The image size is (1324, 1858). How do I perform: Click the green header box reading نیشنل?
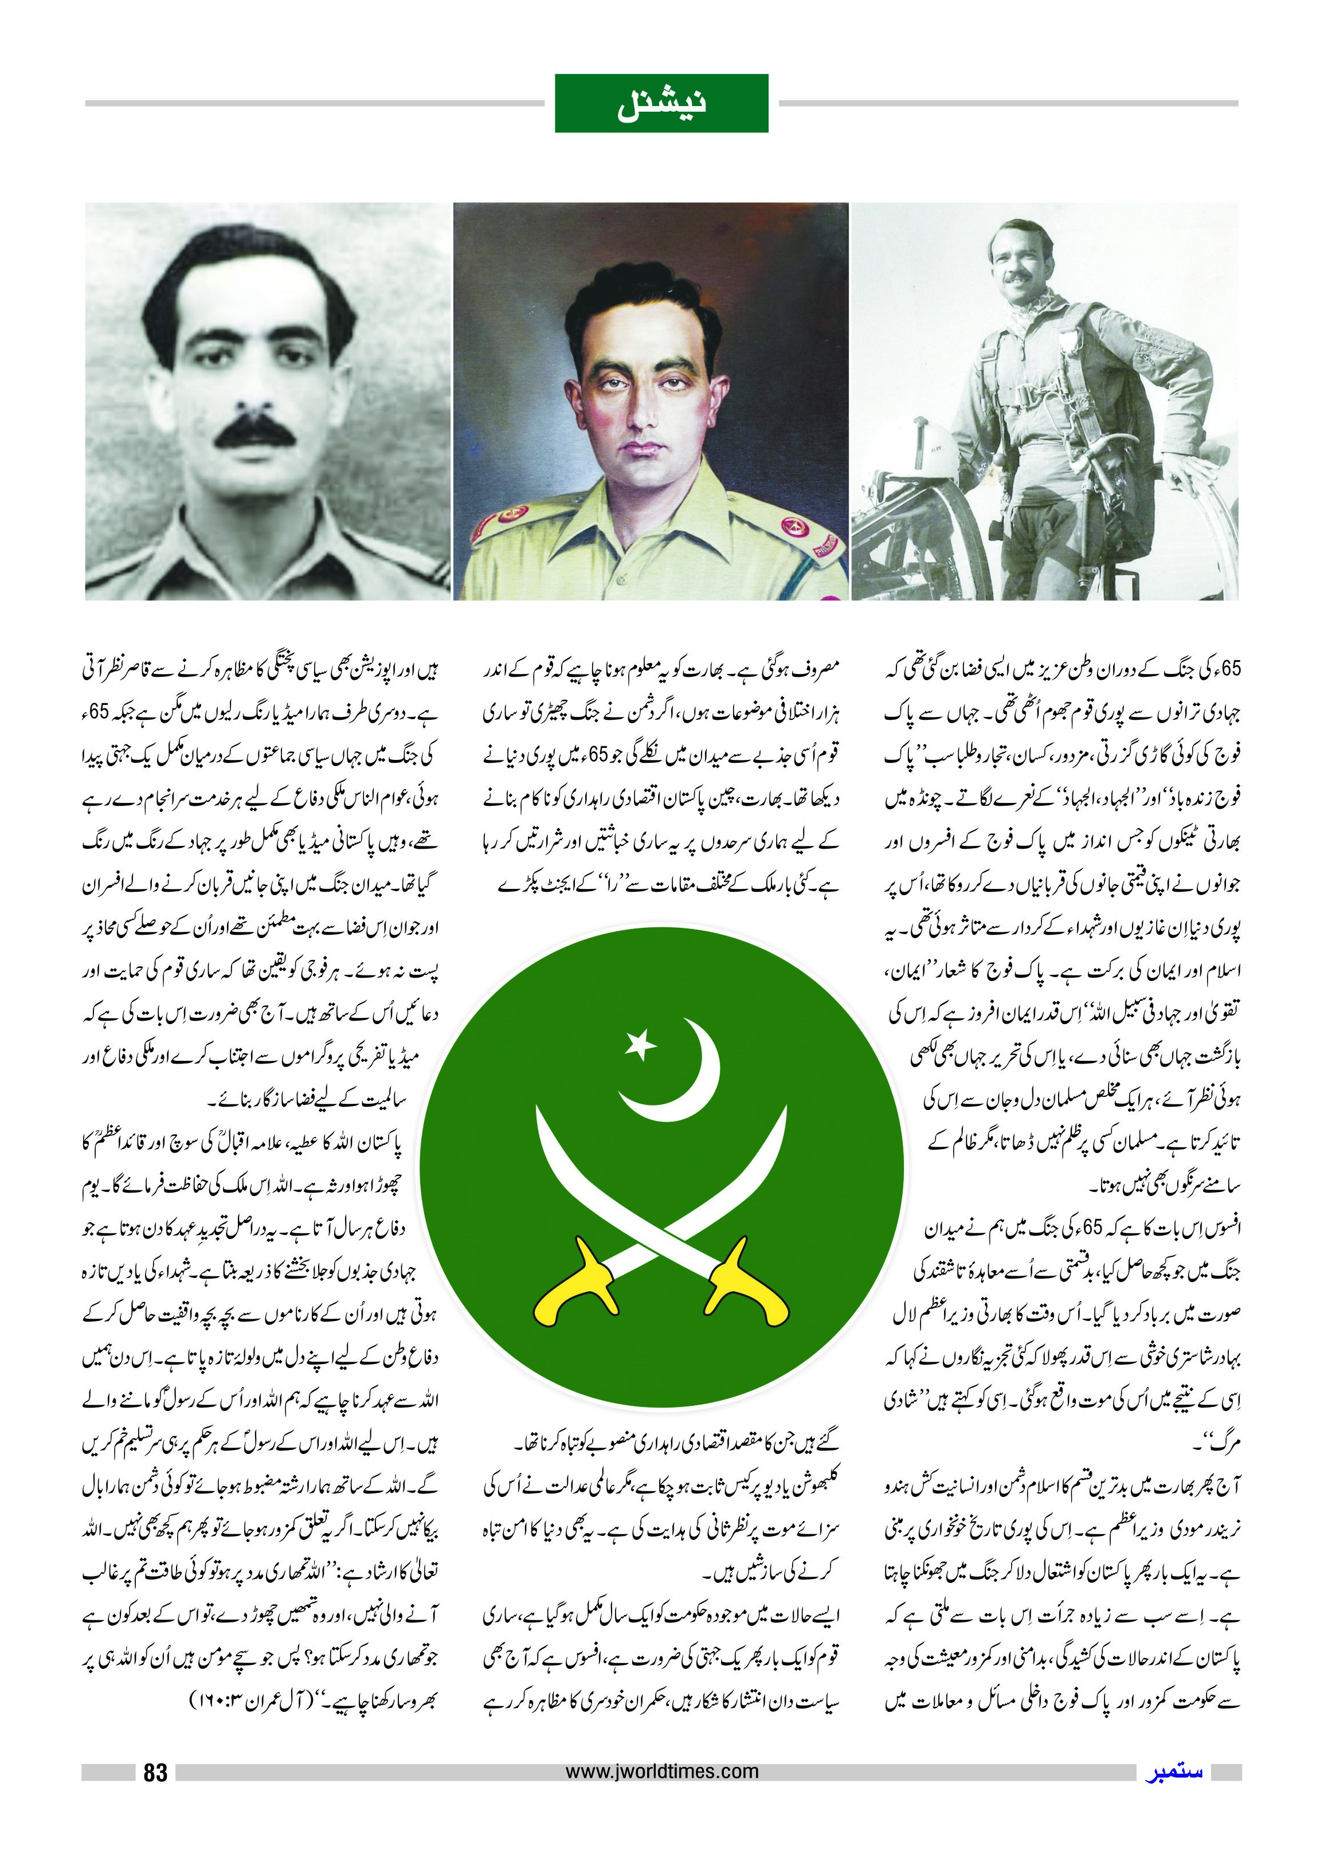[661, 104]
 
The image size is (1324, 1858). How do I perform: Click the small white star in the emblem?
[640, 1044]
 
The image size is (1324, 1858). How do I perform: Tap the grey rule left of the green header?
[314, 104]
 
